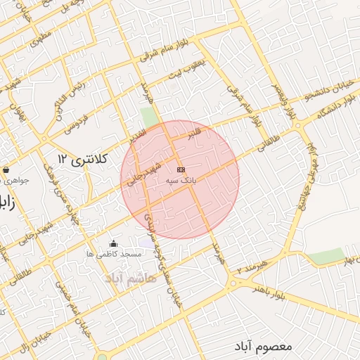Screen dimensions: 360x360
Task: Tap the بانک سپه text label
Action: click(181, 181)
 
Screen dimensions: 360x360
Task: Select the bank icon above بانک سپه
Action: click(181, 169)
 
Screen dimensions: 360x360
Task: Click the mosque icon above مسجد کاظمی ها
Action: click(114, 244)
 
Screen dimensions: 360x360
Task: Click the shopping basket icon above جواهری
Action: click(6, 169)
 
